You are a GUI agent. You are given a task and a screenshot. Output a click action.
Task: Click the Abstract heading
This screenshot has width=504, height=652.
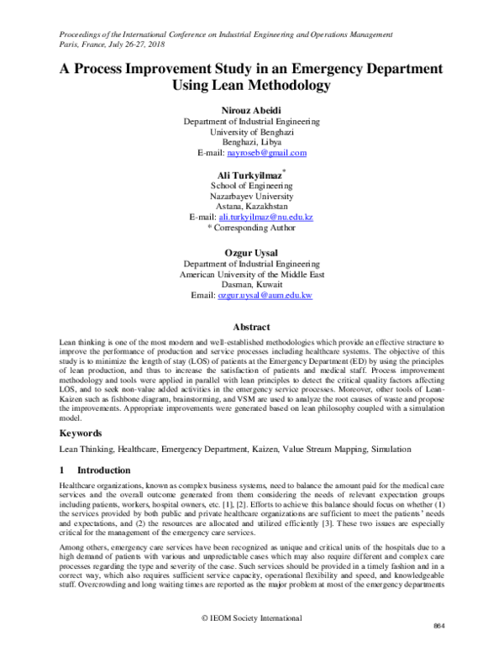click(251, 327)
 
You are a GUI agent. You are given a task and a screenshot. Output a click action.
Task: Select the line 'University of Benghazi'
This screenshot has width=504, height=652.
click(251, 131)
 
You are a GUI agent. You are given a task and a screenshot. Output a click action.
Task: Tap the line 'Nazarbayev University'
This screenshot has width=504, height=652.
click(251, 195)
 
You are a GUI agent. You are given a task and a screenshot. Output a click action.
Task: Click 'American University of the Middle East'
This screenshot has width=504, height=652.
click(251, 274)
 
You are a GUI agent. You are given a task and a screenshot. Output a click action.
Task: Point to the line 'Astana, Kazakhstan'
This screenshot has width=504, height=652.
click(251, 206)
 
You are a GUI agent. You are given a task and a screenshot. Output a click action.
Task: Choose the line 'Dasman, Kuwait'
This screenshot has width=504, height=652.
click(251, 285)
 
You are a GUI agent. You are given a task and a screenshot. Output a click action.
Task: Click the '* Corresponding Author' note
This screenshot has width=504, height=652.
click(251, 228)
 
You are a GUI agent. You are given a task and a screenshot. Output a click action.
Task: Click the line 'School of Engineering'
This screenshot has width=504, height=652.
click(251, 185)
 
